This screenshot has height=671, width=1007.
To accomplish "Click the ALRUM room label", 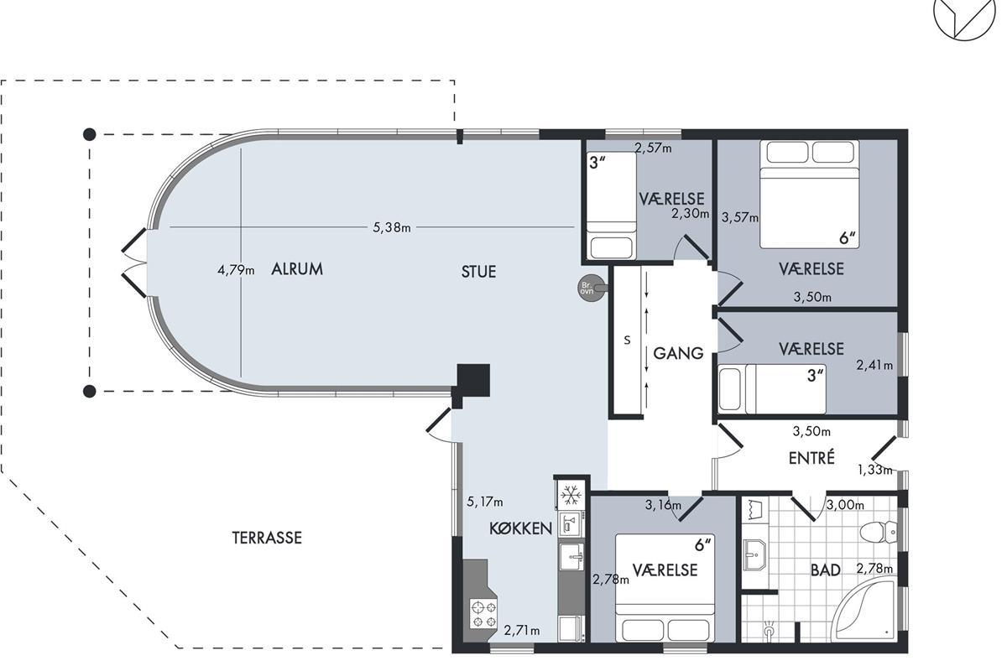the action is [297, 268].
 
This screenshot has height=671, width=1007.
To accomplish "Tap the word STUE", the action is [479, 272].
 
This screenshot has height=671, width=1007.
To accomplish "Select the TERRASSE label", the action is [267, 538].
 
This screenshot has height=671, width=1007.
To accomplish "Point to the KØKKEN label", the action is [520, 528].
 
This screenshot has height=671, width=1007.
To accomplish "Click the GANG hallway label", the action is [678, 353].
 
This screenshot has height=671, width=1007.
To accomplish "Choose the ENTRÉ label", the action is [812, 457].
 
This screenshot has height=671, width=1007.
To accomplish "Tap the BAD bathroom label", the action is [826, 570].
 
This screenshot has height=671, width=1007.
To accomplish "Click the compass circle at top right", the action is [963, 13].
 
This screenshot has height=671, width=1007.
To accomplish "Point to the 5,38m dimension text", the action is [392, 227].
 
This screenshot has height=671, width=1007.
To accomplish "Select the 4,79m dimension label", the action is [236, 270].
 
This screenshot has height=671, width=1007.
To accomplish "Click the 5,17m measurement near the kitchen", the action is [485, 502].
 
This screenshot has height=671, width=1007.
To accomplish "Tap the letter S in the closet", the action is [627, 341].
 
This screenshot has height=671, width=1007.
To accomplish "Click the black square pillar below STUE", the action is [473, 380].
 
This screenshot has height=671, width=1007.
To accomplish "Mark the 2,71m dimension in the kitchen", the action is [522, 631].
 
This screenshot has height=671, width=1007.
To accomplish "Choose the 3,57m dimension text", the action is [740, 217].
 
